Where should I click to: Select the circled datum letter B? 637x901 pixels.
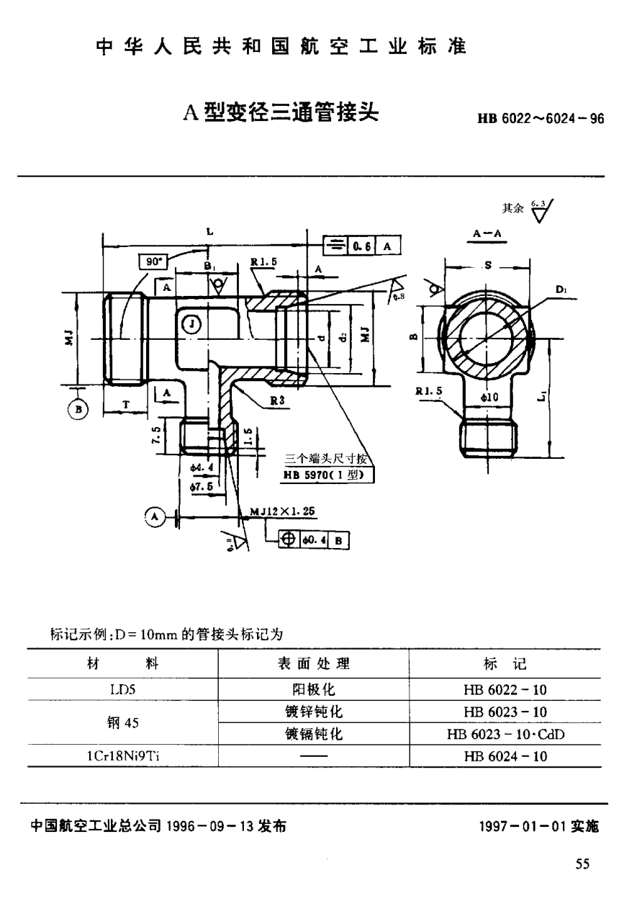pos(78,409)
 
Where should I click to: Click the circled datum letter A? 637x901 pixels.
pos(153,516)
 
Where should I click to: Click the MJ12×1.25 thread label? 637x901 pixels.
pos(282,511)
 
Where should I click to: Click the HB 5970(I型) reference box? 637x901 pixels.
pos(327,475)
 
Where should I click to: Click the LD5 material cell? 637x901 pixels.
pos(122,690)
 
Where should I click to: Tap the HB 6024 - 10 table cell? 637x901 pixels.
pos(506,756)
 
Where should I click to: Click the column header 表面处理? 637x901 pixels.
pos(313,663)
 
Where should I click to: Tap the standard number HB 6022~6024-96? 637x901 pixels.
pos(538,120)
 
